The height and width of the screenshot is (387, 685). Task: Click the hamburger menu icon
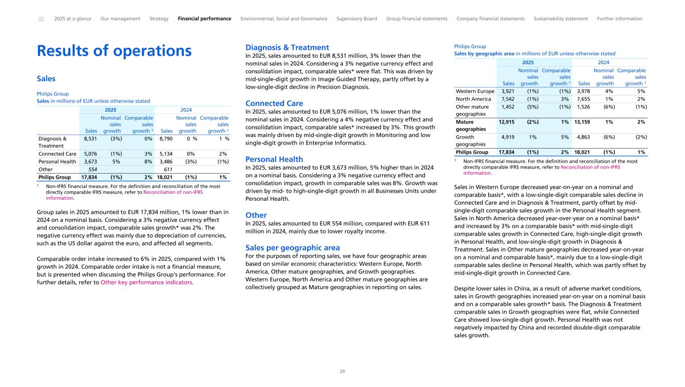tap(41, 19)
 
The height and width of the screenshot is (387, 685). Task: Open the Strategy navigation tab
tap(159, 19)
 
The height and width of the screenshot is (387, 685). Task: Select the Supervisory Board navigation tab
tap(356, 19)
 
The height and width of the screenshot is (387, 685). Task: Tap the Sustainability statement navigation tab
tap(561, 19)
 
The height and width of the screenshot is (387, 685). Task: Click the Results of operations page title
tap(114, 51)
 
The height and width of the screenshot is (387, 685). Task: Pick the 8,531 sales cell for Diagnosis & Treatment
tap(90, 138)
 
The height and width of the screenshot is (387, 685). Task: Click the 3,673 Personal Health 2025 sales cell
tap(90, 162)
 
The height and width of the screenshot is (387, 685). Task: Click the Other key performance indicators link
tap(147, 282)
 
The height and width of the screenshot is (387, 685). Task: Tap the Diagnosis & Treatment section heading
tap(287, 48)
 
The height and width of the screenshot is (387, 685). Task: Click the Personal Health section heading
tap(274, 159)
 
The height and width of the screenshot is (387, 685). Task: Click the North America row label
tap(474, 99)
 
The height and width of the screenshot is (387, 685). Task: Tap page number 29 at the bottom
tap(342, 371)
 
